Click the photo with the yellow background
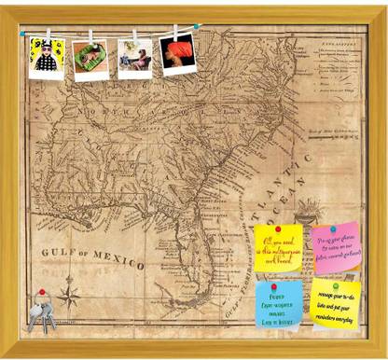tap(46, 58)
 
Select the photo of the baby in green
tap(91, 59)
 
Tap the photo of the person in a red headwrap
tap(177, 55)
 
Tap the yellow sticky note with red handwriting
tap(279, 246)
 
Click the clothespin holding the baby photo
tap(90, 37)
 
